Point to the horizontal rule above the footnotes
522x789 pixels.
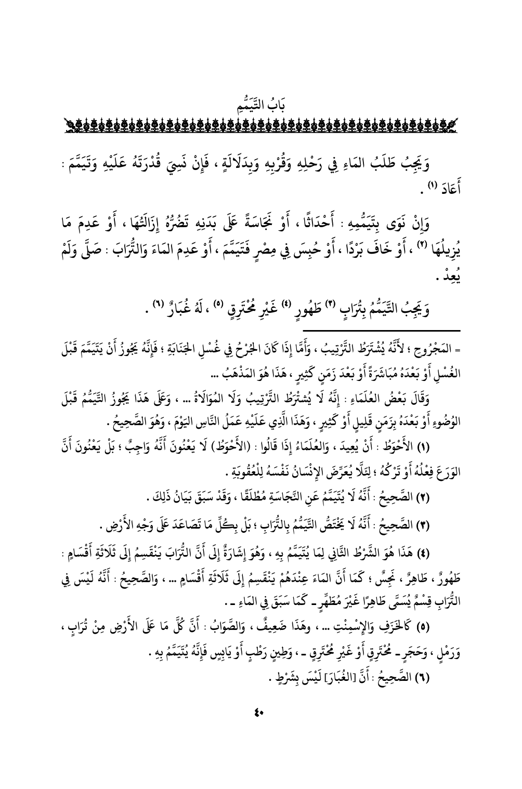384,331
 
